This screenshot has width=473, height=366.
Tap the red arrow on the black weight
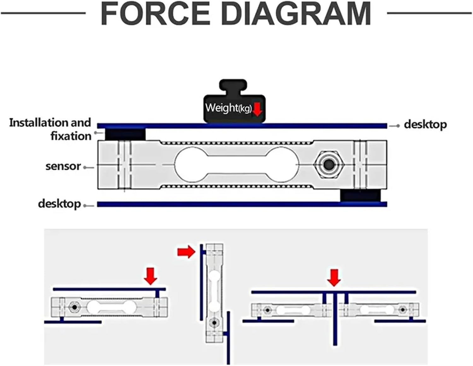tap(258, 109)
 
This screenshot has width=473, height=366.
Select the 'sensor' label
tap(63, 166)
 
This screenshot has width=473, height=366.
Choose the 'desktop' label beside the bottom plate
tap(59, 204)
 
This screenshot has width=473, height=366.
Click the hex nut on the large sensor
tap(329, 165)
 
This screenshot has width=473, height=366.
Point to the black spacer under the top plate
tap(125, 134)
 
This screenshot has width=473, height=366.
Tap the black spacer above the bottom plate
tap(361, 195)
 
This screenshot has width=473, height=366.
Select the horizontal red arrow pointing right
tap(186, 252)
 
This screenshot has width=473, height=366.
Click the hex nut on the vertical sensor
tap(214, 323)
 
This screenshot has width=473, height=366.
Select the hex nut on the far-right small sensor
tap(403, 310)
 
